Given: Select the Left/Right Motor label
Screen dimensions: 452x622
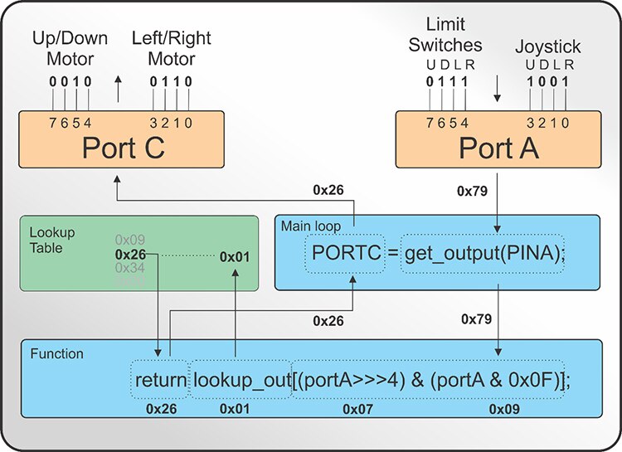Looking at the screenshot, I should [171, 49].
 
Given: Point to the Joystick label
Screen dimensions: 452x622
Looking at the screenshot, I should [547, 47].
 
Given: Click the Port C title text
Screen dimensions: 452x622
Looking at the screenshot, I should [123, 148].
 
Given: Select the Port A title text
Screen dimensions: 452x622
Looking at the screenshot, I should [498, 148].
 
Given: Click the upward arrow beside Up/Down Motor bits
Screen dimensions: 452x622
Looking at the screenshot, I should [118, 83].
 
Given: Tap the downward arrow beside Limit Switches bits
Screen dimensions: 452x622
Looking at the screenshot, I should [497, 85].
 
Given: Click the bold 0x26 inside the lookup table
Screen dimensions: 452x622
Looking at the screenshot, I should [131, 255].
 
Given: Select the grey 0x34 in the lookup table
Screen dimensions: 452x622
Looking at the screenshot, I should [131, 269].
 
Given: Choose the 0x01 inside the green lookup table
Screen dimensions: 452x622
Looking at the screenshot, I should [235, 257].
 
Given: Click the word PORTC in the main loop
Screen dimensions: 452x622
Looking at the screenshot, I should [346, 253].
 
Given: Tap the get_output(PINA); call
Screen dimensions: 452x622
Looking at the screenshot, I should [484, 253].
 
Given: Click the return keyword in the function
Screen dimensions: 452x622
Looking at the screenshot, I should [161, 381].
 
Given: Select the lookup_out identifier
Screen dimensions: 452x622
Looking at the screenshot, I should [241, 381].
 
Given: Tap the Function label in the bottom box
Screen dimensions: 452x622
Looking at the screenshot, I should [56, 354].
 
